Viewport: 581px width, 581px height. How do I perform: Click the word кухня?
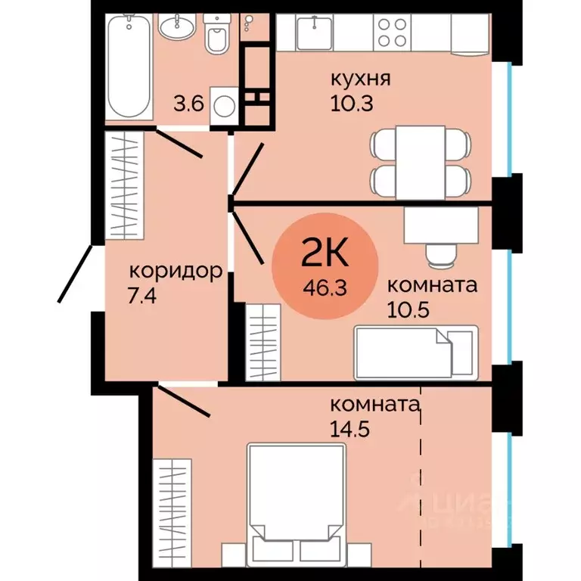pyautogui.click(x=354, y=77)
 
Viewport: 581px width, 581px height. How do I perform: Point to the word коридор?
pyautogui.click(x=175, y=270)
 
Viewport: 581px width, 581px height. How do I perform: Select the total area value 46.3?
pyautogui.click(x=324, y=287)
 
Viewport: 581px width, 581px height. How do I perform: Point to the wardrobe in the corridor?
pyautogui.click(x=124, y=185)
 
